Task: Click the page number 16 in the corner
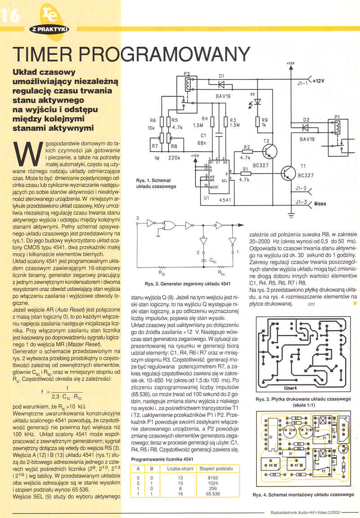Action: coord(10,16)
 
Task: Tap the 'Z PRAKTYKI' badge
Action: coord(49,29)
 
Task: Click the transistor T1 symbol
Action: coord(288,172)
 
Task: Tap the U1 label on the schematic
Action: coord(206,197)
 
